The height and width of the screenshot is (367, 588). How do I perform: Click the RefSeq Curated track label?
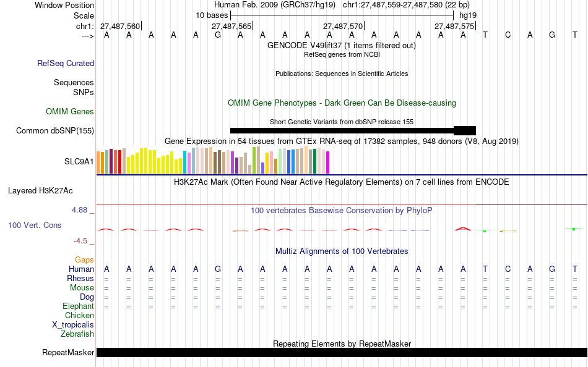[x=66, y=63]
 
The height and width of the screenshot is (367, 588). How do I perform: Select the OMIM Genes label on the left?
[x=70, y=112]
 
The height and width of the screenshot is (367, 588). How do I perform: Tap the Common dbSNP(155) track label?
[x=55, y=130]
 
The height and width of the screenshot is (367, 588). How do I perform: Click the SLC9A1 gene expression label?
[x=79, y=162]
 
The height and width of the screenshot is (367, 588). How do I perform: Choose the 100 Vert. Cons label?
[x=35, y=226]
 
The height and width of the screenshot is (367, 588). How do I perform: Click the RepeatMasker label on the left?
[x=68, y=353]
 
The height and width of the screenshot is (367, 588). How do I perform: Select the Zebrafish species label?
[x=77, y=334]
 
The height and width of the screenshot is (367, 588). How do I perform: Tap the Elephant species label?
[x=78, y=306]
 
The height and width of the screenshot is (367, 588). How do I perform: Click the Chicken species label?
[x=79, y=316]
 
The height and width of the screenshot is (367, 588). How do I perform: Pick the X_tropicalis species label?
[x=73, y=325]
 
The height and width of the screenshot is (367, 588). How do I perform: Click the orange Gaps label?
[x=84, y=260]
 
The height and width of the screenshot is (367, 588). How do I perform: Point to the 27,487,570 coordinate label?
[x=343, y=27]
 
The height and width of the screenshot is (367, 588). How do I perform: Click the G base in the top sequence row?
[x=218, y=35]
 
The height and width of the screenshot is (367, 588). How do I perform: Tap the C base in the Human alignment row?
[x=508, y=269]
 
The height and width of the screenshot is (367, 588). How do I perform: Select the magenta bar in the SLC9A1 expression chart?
[x=327, y=162]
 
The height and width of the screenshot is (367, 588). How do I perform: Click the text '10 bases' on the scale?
[x=212, y=14]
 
